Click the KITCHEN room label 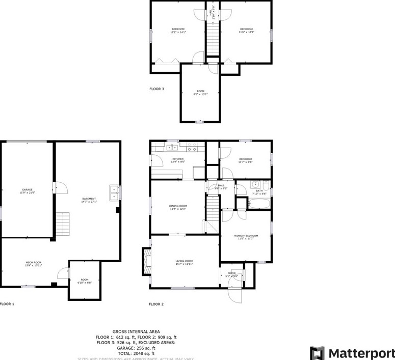click(x=178, y=159)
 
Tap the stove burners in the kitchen click(x=192, y=147)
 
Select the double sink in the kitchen click(x=171, y=148)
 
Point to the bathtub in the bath click(x=259, y=204)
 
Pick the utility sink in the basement click(x=113, y=191)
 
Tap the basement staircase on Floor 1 click(x=62, y=224)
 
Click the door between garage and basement click(x=60, y=188)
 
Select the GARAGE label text click(x=27, y=189)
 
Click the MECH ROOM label click(x=34, y=262)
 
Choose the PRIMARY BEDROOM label click(x=246, y=236)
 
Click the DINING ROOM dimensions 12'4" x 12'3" click(x=178, y=209)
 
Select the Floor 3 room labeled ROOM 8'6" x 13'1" click(x=200, y=92)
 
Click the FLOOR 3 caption click(x=156, y=89)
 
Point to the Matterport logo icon click(x=317, y=353)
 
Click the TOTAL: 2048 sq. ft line click(x=136, y=353)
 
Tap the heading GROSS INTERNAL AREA click(x=136, y=331)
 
